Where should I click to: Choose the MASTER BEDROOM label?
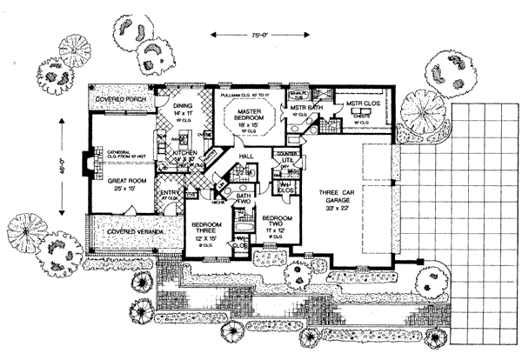[x=250, y=112]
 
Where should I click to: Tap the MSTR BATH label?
[x=297, y=107]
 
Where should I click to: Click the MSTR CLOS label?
[x=353, y=100]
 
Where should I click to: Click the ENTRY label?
[x=168, y=193]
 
